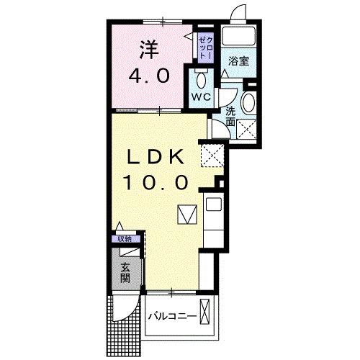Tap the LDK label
(x=160, y=158)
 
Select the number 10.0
(x=159, y=183)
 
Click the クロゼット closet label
(x=205, y=46)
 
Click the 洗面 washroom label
(x=230, y=117)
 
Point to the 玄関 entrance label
(x=125, y=272)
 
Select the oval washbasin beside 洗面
(x=248, y=102)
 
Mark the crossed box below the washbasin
(x=248, y=130)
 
